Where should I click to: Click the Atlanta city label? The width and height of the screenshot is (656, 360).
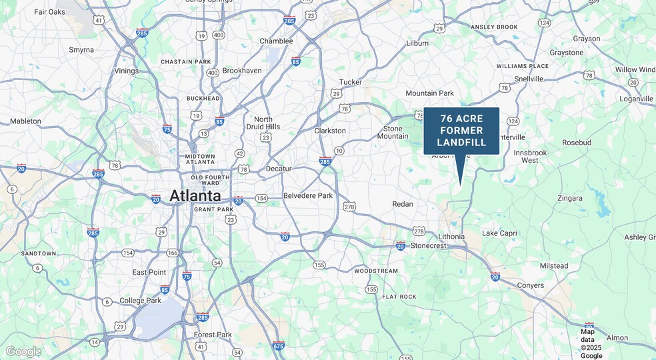coord(195,195)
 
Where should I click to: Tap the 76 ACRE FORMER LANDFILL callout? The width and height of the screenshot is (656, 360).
coord(461,131)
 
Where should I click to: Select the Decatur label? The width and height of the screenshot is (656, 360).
coord(279,169)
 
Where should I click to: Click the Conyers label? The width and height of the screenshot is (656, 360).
coord(530,285)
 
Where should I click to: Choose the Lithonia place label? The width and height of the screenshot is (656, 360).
coord(451,237)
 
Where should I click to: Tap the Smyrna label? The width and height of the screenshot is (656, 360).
coord(81,49)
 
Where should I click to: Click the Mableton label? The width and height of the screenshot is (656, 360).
coord(25,121)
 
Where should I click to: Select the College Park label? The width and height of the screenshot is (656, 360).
coord(141,301)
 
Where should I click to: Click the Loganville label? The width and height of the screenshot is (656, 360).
coord(636,99)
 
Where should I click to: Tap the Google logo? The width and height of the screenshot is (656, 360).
coord(23,351)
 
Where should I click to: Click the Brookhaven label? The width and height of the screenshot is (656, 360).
coord(242,70)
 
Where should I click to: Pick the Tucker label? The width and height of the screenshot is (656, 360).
coord(351,82)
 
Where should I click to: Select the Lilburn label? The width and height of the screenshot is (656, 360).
coord(417,43)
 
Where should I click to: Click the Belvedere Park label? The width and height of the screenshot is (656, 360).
coord(308,195)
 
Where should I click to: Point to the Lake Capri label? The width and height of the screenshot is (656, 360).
coord(499,233)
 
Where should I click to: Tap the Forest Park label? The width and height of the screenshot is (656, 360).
coord(213,335)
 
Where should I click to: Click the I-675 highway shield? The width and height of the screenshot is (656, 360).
coord(279,345)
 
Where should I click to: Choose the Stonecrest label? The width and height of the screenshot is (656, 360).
coord(429,245)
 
